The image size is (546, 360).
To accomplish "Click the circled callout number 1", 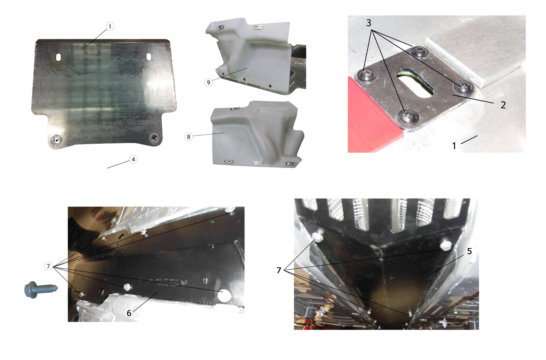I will click(110, 26).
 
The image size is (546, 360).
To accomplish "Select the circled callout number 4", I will click(133, 159).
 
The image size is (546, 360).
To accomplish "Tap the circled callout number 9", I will click(209, 82).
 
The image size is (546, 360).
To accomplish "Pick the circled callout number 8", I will click(189, 137).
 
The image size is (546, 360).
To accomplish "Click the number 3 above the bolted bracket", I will click(368, 23).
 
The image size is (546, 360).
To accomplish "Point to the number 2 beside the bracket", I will click(503, 105).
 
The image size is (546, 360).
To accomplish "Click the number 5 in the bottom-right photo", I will click(469, 251).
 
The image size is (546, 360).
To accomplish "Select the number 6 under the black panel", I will click(129, 313).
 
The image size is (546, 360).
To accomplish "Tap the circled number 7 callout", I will click(48, 266).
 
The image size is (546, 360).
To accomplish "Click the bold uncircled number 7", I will click(279, 270).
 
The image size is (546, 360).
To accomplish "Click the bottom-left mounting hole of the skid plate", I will click(57, 140).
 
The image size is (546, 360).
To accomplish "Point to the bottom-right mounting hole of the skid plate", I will click(154, 138).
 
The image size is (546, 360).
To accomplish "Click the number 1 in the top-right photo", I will click(454, 146).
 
